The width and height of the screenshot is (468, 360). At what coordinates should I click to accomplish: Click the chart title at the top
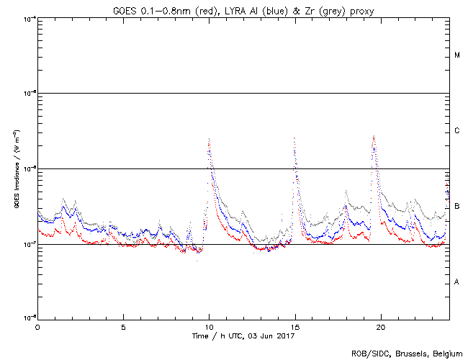tap(243, 9)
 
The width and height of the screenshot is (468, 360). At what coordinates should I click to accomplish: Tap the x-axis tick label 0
tap(37, 327)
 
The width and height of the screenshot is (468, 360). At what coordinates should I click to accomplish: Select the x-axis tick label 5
tap(123, 327)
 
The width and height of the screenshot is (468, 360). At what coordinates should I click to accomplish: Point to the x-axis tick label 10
tap(209, 327)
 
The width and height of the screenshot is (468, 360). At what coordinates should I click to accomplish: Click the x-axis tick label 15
tap(295, 327)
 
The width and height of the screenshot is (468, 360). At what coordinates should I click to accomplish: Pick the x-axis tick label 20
tap(381, 327)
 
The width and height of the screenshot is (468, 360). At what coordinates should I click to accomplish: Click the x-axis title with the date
tap(243, 336)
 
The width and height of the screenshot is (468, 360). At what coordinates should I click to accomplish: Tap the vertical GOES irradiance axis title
tap(15, 169)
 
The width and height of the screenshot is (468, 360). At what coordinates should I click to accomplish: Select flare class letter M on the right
tap(457, 55)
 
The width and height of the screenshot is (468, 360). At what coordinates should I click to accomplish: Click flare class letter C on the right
tap(457, 131)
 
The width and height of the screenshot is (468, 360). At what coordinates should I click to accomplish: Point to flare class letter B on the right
tap(457, 207)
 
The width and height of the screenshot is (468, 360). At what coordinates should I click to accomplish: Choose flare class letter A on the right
tap(457, 282)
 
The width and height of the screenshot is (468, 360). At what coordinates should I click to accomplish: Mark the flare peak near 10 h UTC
tap(209, 139)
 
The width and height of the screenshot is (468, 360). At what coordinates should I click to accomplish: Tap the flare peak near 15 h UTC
tap(294, 138)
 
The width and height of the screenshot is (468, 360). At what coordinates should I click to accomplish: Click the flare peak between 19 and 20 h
tap(374, 136)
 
